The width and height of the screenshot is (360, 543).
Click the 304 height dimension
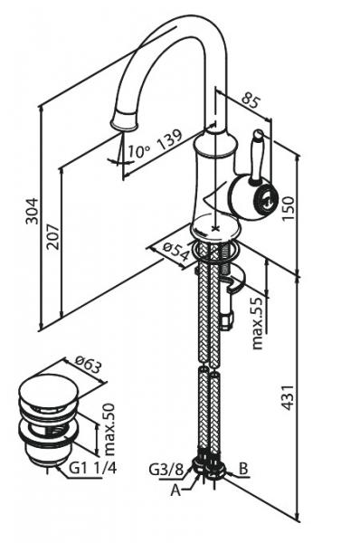click(32, 211)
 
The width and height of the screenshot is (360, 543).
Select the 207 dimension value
click(53, 237)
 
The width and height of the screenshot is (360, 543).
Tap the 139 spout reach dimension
click(169, 139)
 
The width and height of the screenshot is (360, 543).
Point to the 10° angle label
click(139, 151)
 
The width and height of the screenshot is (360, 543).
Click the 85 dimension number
click(251, 100)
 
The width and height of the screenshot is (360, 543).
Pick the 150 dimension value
click(288, 208)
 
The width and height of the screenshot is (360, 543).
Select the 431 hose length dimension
click(288, 397)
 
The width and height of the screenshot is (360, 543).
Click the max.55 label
click(260, 323)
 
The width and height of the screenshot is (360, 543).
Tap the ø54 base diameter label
click(176, 251)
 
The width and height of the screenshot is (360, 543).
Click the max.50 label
click(109, 429)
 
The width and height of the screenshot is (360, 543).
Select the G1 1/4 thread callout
click(93, 468)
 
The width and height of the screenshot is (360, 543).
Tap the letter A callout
click(175, 491)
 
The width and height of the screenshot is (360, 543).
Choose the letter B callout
click(243, 469)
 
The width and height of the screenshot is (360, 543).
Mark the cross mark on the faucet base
click(216, 228)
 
